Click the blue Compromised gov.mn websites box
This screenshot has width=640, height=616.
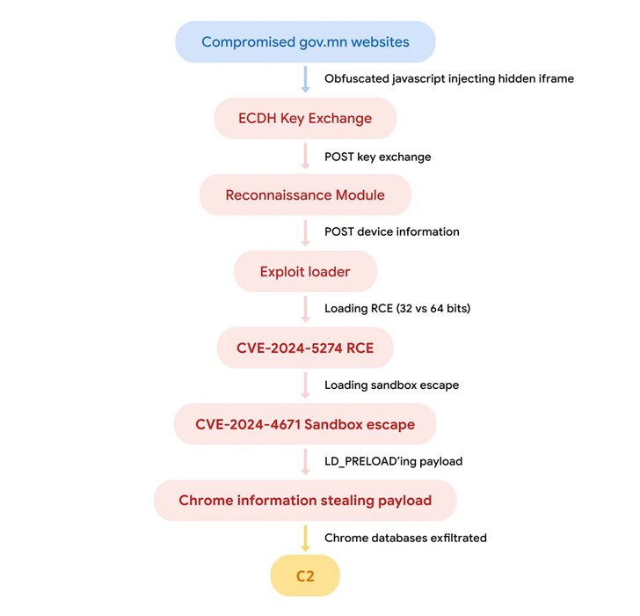[x=305, y=41]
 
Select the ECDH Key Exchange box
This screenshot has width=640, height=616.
[x=305, y=118]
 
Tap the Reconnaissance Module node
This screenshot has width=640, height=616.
[x=305, y=194]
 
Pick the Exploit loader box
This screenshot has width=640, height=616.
[x=305, y=271]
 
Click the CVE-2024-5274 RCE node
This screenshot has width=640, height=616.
[x=305, y=348]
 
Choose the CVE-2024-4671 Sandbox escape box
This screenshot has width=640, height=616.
[x=305, y=424]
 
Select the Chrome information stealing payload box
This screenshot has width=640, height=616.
[x=305, y=501]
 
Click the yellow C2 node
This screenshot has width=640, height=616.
[x=305, y=576]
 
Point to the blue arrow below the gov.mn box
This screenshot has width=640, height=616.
[x=305, y=79]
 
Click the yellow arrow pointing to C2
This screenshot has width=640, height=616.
[x=305, y=539]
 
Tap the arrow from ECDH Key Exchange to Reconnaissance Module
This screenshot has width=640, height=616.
[x=305, y=156]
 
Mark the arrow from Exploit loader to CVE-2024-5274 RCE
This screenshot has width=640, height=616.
[x=305, y=309]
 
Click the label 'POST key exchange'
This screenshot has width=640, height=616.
[x=377, y=157]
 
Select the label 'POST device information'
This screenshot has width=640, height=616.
[x=392, y=231]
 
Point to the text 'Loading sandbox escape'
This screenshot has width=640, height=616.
[x=392, y=385]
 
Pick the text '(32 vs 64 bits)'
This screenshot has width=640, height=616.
[x=433, y=308]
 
